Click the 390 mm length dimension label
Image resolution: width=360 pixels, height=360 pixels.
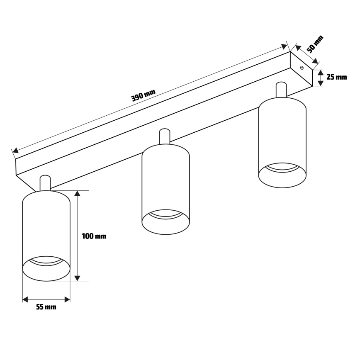143,96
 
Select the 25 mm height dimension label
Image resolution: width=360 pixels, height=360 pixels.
336,77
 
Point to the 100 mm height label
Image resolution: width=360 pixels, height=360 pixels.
94,236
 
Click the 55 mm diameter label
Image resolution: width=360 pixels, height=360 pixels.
46,307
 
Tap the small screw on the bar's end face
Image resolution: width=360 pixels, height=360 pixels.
302,68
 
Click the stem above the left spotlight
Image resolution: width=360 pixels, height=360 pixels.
45,183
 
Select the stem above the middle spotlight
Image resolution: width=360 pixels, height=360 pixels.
165,137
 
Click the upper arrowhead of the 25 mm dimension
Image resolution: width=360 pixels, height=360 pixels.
320,73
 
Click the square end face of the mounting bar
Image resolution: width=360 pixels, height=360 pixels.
301,70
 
